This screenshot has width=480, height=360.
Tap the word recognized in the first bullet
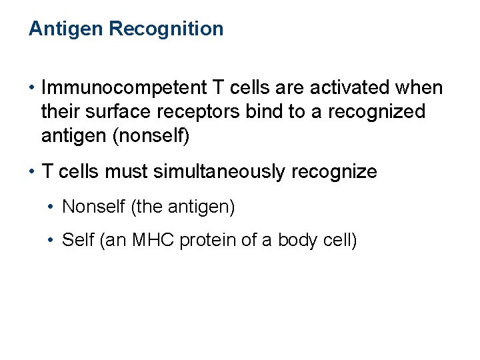(x=376, y=112)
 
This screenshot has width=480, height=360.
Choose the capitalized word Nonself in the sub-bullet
(x=93, y=207)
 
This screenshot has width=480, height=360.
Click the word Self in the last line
(x=77, y=239)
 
